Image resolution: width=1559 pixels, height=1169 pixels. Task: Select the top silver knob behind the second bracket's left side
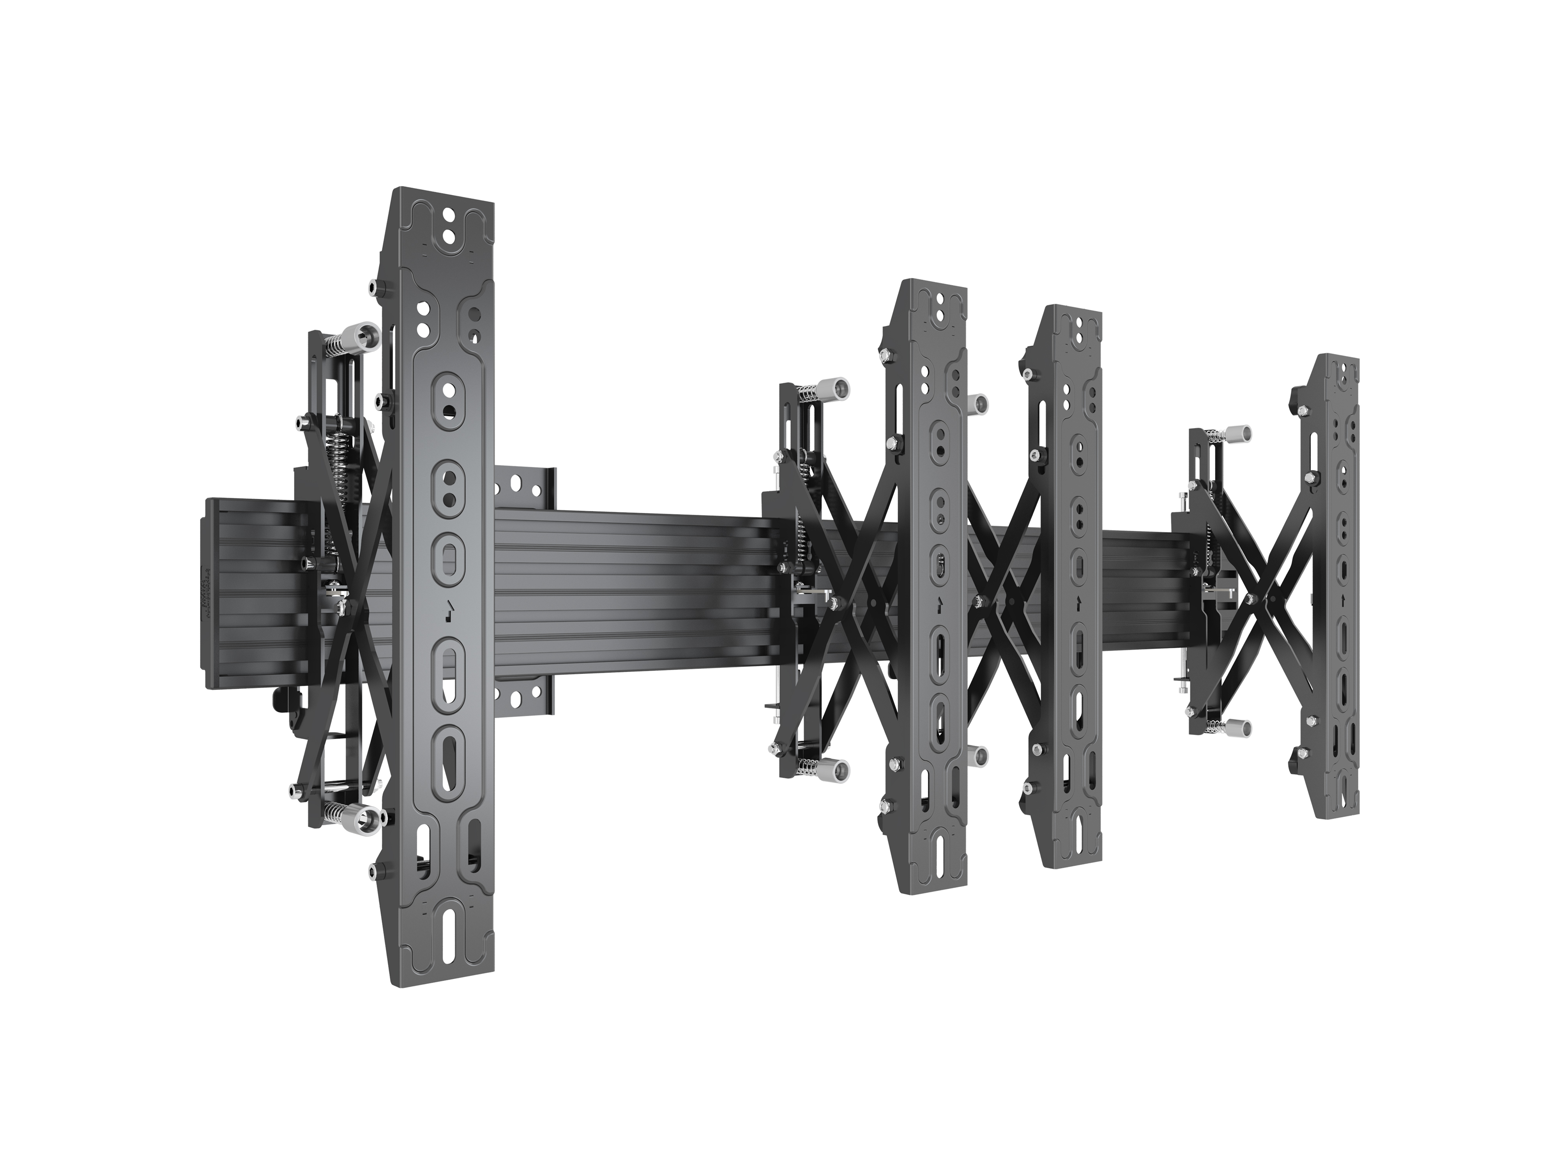pyautogui.click(x=829, y=388)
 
